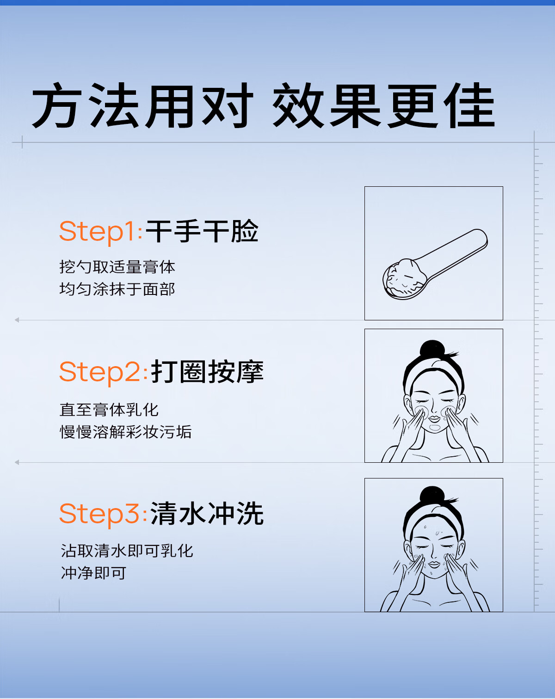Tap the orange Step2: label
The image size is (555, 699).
(103, 372)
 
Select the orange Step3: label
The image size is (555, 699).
(103, 514)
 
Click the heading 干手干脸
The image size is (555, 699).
(202, 231)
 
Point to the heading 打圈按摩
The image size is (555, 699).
(207, 372)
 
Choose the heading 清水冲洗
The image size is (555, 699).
(207, 513)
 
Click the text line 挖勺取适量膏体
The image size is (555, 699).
(117, 267)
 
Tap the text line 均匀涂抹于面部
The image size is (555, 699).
(117, 289)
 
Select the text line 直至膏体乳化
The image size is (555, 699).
(109, 410)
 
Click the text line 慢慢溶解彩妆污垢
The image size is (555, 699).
(126, 432)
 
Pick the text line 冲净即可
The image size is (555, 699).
(93, 573)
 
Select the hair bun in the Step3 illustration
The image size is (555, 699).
(432, 495)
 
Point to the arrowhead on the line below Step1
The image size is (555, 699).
(17, 320)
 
